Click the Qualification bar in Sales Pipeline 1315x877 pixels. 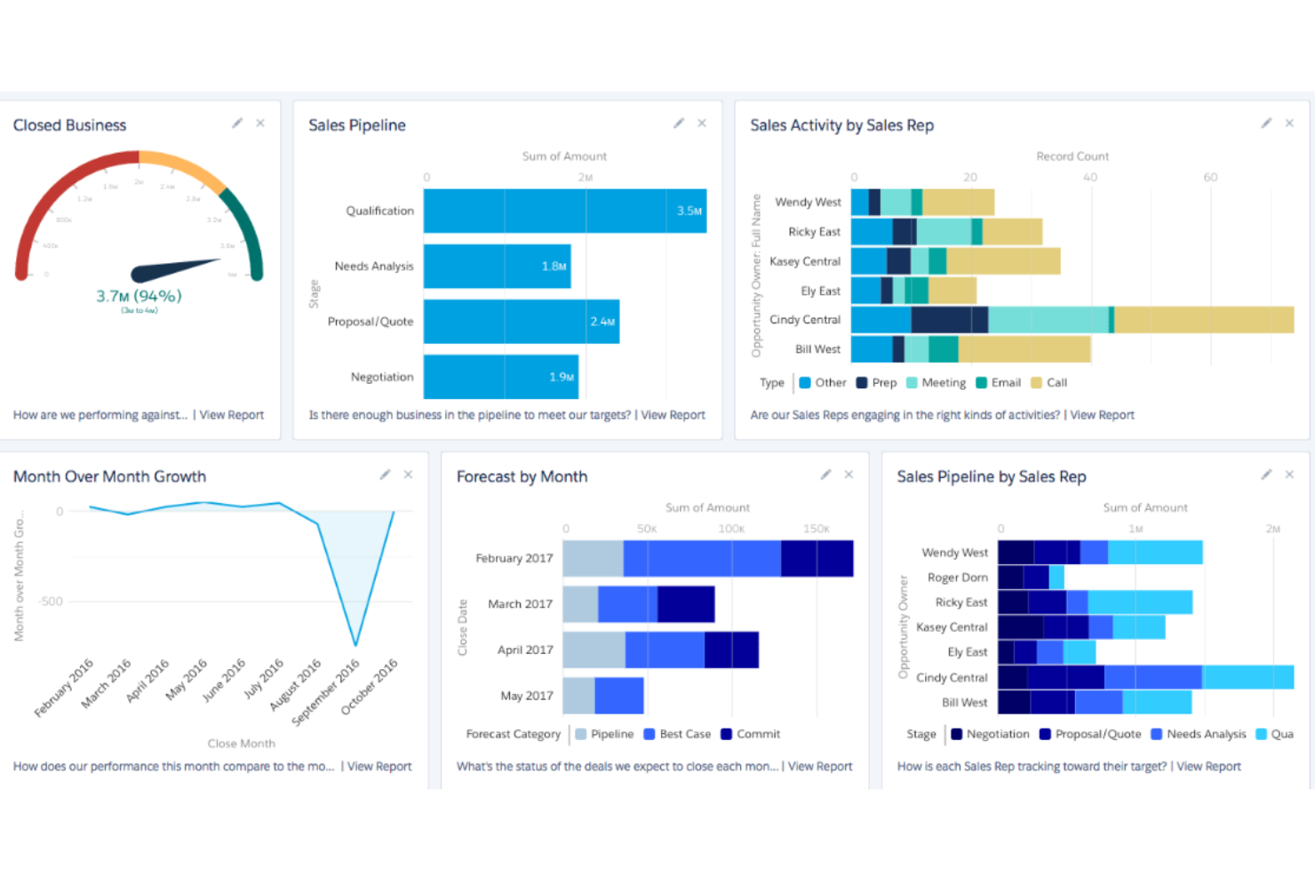click(564, 211)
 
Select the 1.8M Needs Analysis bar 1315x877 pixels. click(497, 267)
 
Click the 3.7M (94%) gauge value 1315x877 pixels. click(139, 296)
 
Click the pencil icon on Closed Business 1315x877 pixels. click(237, 124)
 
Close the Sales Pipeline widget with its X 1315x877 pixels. click(702, 124)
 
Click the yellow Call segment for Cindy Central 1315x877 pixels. click(1204, 320)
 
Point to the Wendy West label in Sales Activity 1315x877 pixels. click(807, 203)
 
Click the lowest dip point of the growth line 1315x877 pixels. click(355, 645)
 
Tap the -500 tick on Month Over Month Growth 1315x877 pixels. click(51, 602)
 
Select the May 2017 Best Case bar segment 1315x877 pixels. click(618, 696)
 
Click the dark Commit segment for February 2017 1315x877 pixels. click(817, 559)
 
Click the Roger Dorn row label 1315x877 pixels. click(957, 578)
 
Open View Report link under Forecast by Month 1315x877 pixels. click(819, 766)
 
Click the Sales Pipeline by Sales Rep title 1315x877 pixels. click(991, 477)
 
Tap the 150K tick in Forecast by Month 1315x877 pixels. click(815, 529)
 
